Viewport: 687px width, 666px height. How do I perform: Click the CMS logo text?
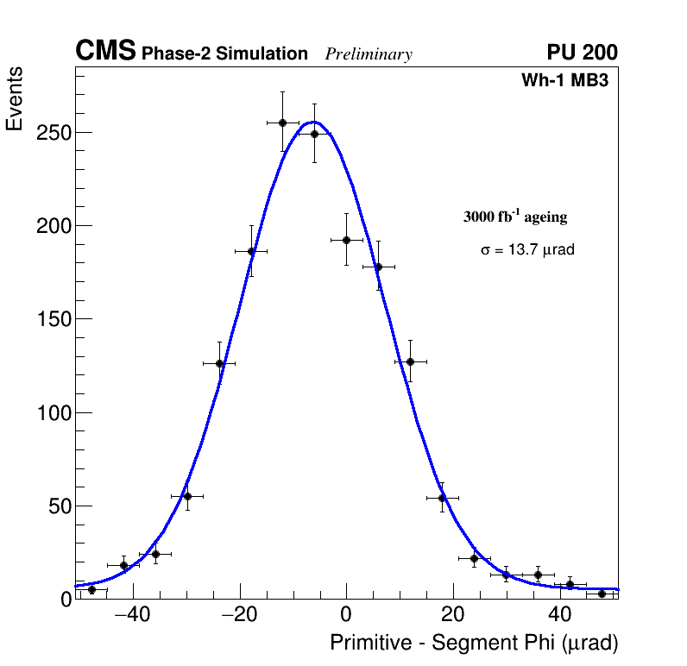pyautogui.click(x=105, y=52)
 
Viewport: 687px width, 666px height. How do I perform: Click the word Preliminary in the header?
pyautogui.click(x=369, y=54)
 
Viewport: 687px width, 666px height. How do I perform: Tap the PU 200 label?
pyautogui.click(x=582, y=53)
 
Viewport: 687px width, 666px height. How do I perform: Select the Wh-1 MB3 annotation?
pyautogui.click(x=570, y=81)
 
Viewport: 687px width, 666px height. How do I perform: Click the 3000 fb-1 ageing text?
pyautogui.click(x=515, y=217)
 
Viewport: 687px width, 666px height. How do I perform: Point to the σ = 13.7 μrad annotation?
pyautogui.click(x=526, y=250)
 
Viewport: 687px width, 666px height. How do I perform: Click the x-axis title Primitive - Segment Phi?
pyautogui.click(x=474, y=643)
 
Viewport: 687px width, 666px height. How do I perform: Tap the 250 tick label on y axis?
pyautogui.click(x=53, y=133)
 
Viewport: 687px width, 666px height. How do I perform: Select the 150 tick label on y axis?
pyautogui.click(x=53, y=319)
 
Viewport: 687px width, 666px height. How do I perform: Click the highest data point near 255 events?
pyautogui.click(x=282, y=123)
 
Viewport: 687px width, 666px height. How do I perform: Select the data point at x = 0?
pyautogui.click(x=346, y=240)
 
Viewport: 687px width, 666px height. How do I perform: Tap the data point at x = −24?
pyautogui.click(x=219, y=363)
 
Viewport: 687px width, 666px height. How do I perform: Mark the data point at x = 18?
pyautogui.click(x=442, y=498)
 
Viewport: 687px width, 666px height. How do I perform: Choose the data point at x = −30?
pyautogui.click(x=187, y=496)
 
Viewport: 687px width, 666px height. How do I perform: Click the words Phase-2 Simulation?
pyautogui.click(x=224, y=54)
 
